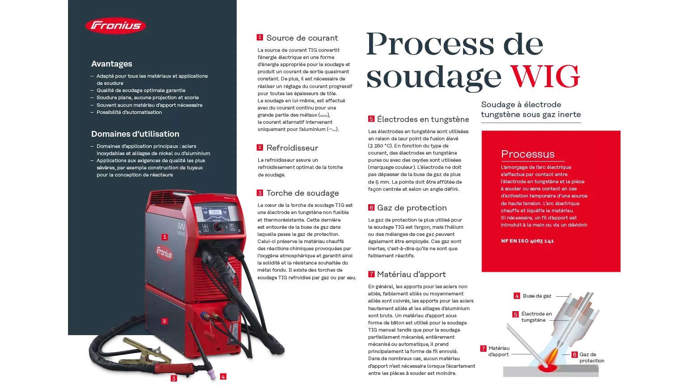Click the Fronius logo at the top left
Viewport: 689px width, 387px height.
coord(115,25)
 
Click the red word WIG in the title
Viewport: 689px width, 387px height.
coord(545,77)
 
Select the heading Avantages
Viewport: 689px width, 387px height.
coord(112,64)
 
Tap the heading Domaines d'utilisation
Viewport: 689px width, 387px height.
coord(135,134)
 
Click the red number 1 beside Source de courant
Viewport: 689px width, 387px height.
coord(259,38)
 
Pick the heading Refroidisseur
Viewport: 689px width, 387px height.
coord(292,148)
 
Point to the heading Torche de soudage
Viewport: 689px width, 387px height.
coord(302,193)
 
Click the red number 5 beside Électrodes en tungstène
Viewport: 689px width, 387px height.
coord(371,119)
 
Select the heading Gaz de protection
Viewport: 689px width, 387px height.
coord(412,208)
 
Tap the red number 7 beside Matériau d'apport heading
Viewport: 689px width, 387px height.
coord(371,274)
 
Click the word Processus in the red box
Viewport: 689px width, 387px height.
coord(528,154)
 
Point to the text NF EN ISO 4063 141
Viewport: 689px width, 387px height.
coord(527,241)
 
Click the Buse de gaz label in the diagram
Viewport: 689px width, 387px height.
coord(537,296)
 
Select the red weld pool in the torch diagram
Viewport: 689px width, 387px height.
coord(548,368)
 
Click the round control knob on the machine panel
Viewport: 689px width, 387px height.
coord(219,227)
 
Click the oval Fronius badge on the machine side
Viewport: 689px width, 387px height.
coord(164,253)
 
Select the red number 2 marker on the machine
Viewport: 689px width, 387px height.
coord(165,321)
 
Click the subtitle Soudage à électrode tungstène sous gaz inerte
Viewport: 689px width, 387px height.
coord(531,109)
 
